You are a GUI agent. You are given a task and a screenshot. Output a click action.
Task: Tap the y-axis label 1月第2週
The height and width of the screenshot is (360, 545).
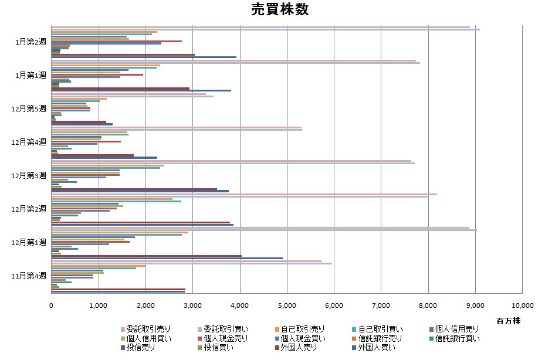(x=31, y=42)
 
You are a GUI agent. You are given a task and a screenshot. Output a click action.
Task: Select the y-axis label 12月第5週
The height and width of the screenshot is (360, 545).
(x=28, y=108)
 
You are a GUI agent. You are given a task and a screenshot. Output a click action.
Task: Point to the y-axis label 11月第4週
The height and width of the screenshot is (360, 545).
(x=28, y=275)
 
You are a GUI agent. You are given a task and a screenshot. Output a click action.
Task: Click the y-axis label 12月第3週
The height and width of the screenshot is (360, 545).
(x=28, y=175)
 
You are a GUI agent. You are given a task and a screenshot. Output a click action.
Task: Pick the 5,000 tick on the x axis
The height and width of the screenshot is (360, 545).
(x=287, y=305)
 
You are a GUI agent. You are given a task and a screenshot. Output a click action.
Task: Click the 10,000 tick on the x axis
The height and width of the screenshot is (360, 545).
(x=522, y=305)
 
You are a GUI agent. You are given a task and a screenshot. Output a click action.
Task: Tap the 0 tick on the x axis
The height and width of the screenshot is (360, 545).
(x=51, y=305)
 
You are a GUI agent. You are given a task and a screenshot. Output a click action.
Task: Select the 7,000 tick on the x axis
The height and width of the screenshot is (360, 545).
(x=381, y=305)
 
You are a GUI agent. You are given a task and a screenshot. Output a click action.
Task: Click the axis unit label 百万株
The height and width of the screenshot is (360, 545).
(x=507, y=321)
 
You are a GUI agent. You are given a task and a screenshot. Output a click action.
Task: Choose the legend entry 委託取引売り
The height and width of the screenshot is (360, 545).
(x=146, y=330)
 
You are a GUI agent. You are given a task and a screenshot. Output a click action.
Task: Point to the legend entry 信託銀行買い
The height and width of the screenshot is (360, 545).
(x=458, y=338)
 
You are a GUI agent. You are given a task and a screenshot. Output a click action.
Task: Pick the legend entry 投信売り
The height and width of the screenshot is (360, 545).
(x=138, y=348)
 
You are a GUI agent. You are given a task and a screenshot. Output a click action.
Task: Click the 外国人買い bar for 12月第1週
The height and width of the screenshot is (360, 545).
(x=167, y=258)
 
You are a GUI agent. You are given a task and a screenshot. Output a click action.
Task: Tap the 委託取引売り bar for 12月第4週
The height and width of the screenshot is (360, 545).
(x=176, y=127)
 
